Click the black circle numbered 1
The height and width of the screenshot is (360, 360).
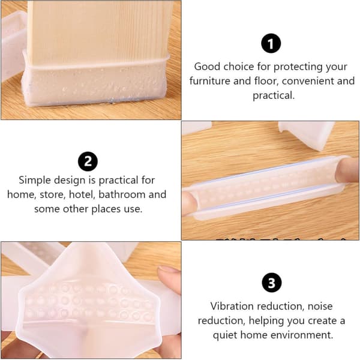tap(271, 43)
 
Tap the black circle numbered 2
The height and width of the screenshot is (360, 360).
tap(88, 161)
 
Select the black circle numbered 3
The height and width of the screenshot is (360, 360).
tap(272, 283)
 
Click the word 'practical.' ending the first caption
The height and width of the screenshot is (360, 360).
tap(274, 95)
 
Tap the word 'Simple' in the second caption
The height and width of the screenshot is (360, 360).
tap(35, 180)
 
